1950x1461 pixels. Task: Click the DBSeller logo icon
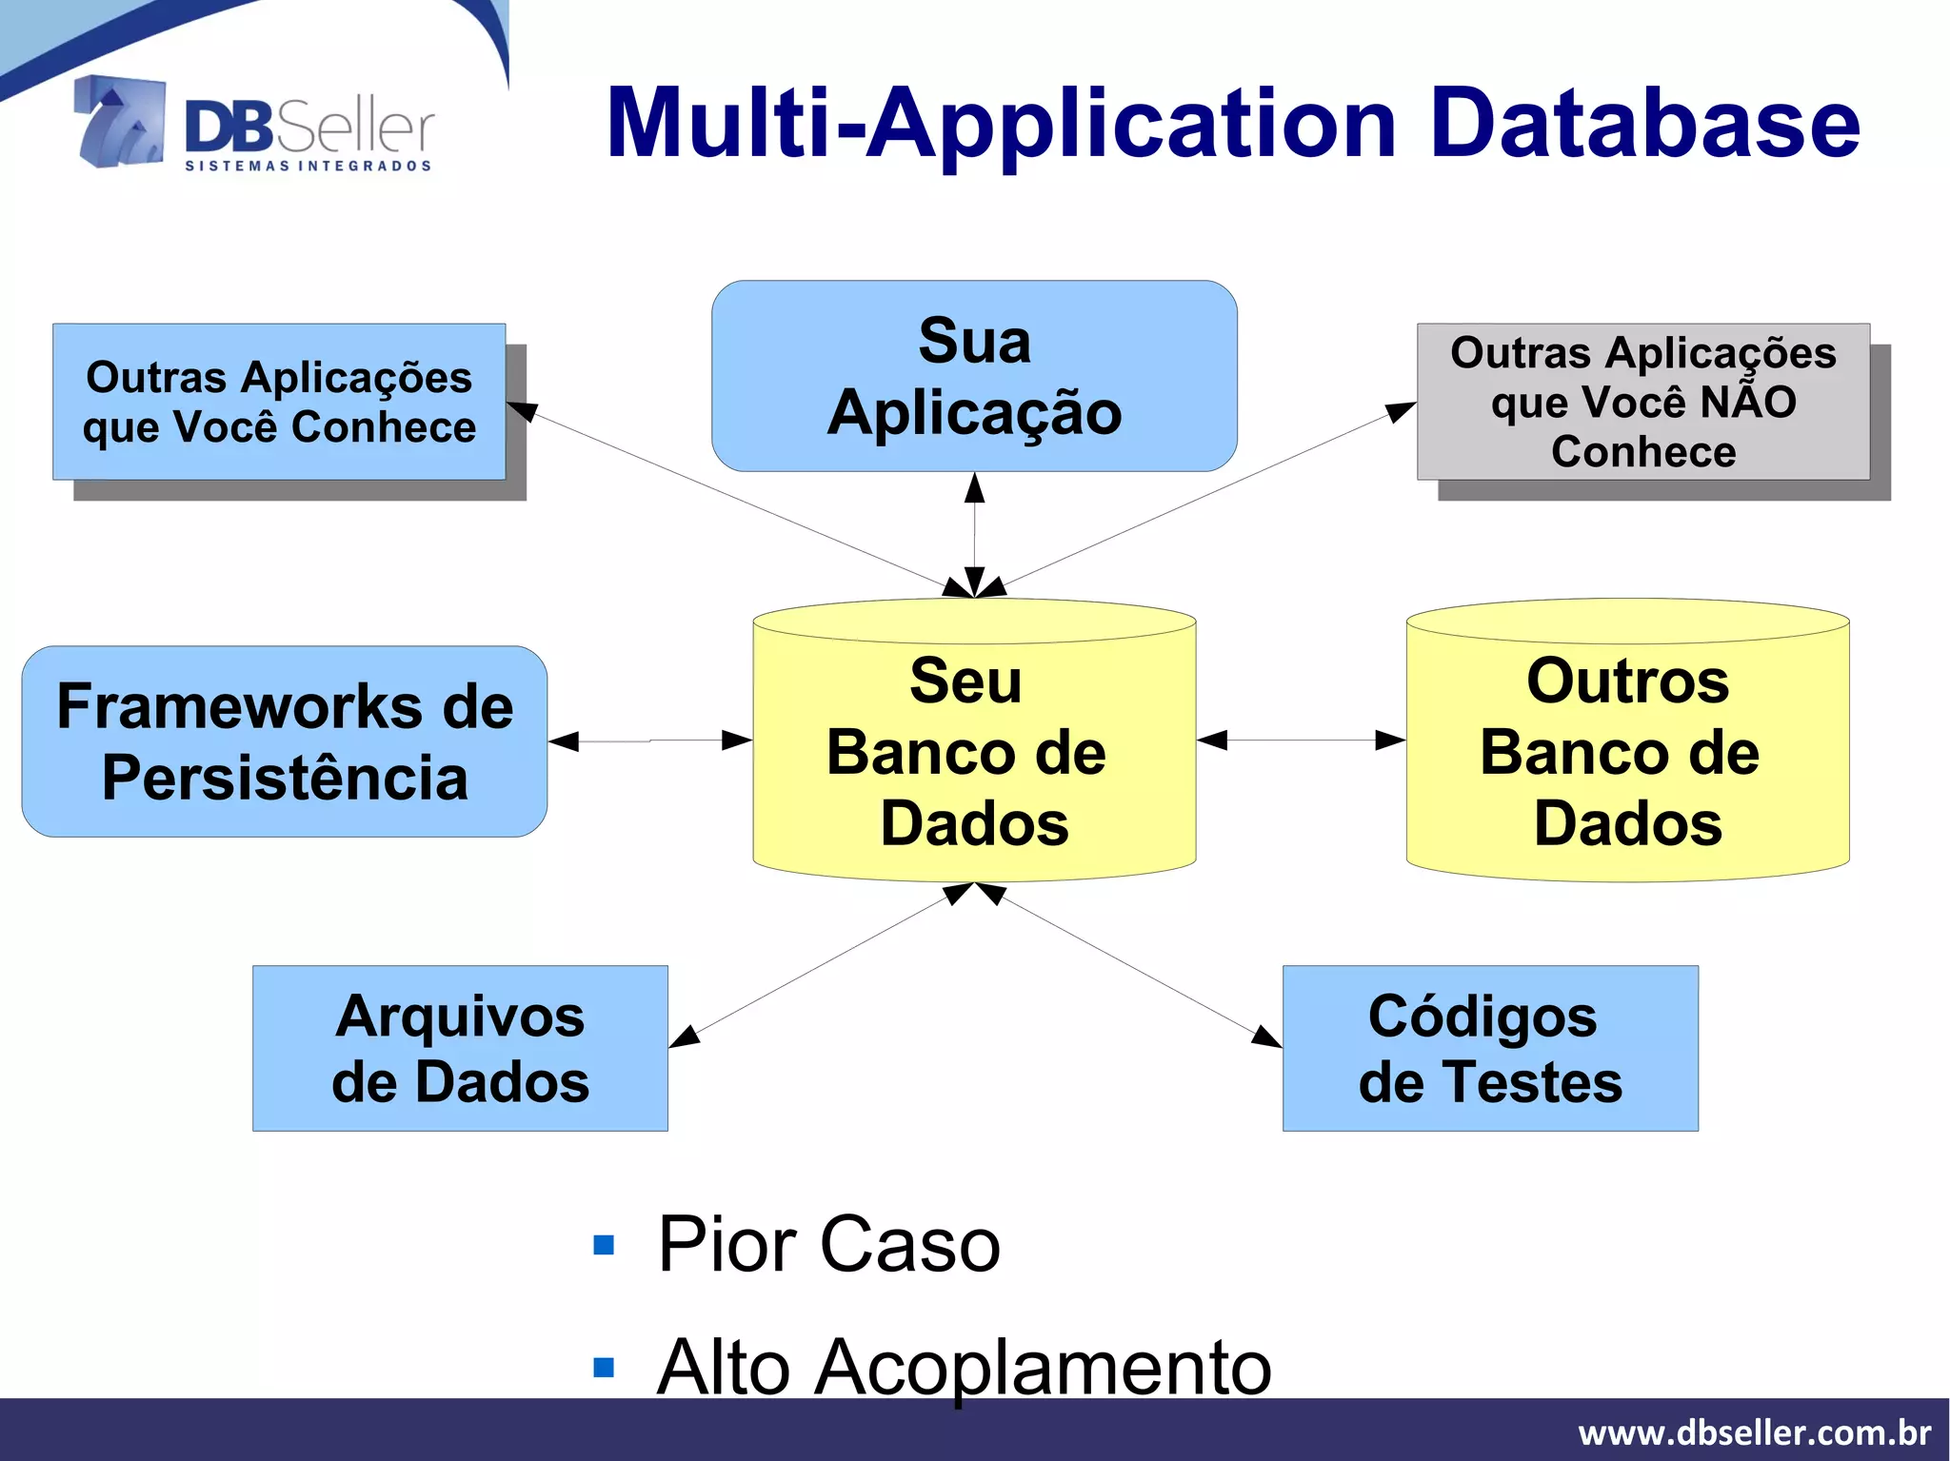(120, 122)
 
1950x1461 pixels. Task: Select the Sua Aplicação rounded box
(974, 376)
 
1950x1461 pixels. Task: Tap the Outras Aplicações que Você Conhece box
(279, 402)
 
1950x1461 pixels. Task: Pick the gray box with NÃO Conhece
(1642, 402)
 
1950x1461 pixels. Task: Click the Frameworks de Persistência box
(284, 741)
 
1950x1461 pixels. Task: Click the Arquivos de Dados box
(460, 1048)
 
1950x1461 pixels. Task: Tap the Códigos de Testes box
(1490, 1048)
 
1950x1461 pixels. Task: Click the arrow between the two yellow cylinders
(1301, 740)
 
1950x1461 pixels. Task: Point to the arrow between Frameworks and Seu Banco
(650, 740)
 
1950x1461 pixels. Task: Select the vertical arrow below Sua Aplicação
(974, 533)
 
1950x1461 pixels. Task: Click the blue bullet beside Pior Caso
(604, 1245)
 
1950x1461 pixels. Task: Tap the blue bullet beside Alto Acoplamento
(604, 1368)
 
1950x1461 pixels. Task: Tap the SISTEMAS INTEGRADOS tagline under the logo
(308, 166)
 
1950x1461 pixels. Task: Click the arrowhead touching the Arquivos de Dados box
(685, 1037)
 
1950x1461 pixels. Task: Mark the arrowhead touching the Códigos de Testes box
(1266, 1037)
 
